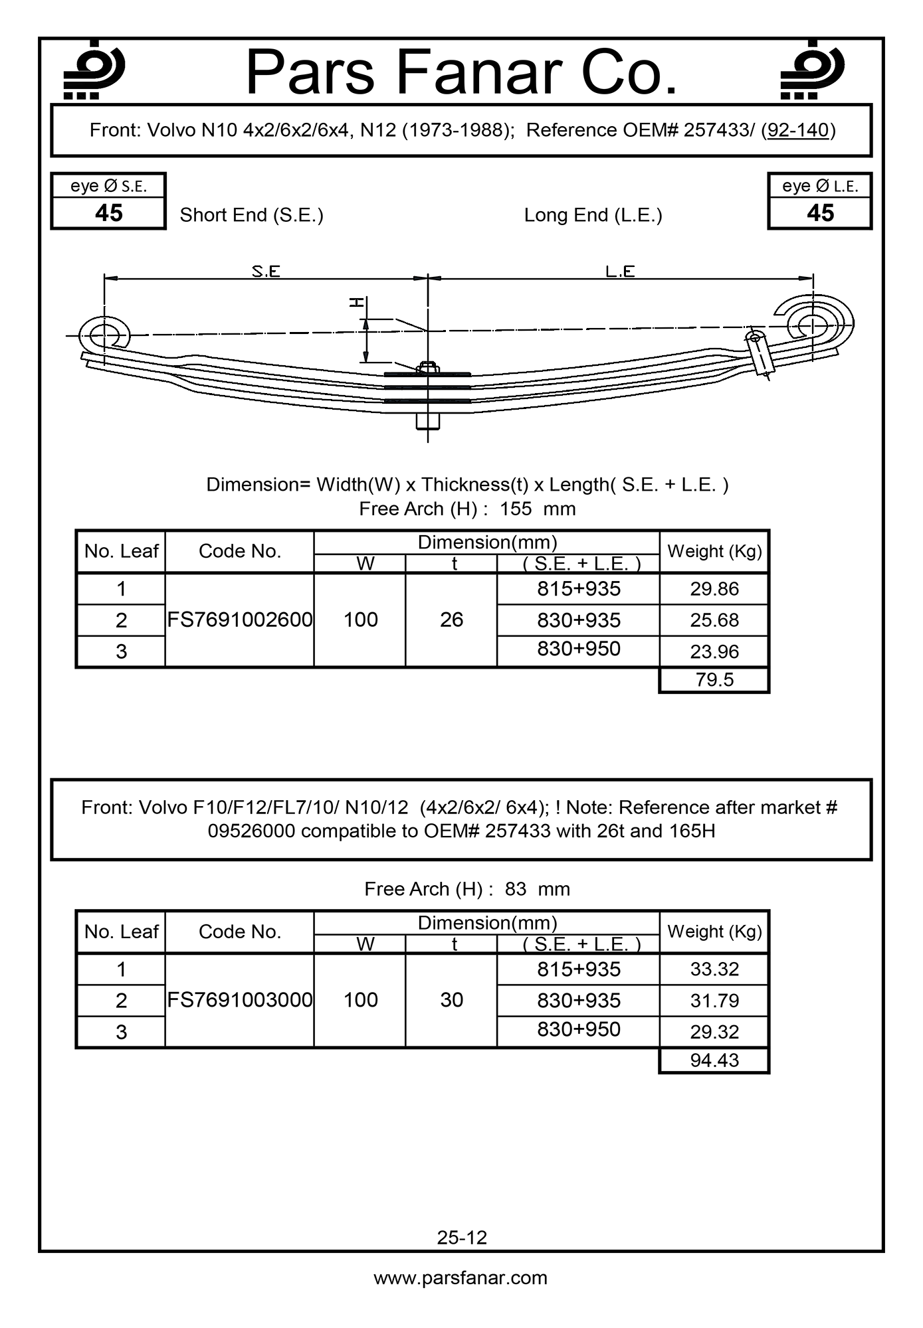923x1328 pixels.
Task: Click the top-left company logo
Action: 93,70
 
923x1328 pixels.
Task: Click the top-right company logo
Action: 811,70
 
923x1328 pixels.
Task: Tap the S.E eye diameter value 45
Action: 108,213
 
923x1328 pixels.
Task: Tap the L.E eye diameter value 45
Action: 820,213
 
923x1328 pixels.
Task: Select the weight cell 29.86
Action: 714,589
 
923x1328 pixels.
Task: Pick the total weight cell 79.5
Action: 714,680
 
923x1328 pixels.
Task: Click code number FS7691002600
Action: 239,620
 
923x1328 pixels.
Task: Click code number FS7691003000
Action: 239,1000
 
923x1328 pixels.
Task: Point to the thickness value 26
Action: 451,620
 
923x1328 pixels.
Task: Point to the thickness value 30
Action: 451,1000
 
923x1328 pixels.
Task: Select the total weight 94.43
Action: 714,1060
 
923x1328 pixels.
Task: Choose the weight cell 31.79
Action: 714,1001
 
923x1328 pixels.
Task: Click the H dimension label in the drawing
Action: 358,303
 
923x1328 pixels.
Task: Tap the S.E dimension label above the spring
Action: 266,271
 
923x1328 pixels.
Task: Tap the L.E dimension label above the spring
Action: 620,271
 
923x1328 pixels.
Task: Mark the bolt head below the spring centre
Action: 427,422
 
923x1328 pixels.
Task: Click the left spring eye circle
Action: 104,334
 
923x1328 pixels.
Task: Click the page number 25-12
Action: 462,1238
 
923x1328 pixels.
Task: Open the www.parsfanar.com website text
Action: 461,1279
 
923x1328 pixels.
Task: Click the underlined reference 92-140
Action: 798,130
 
